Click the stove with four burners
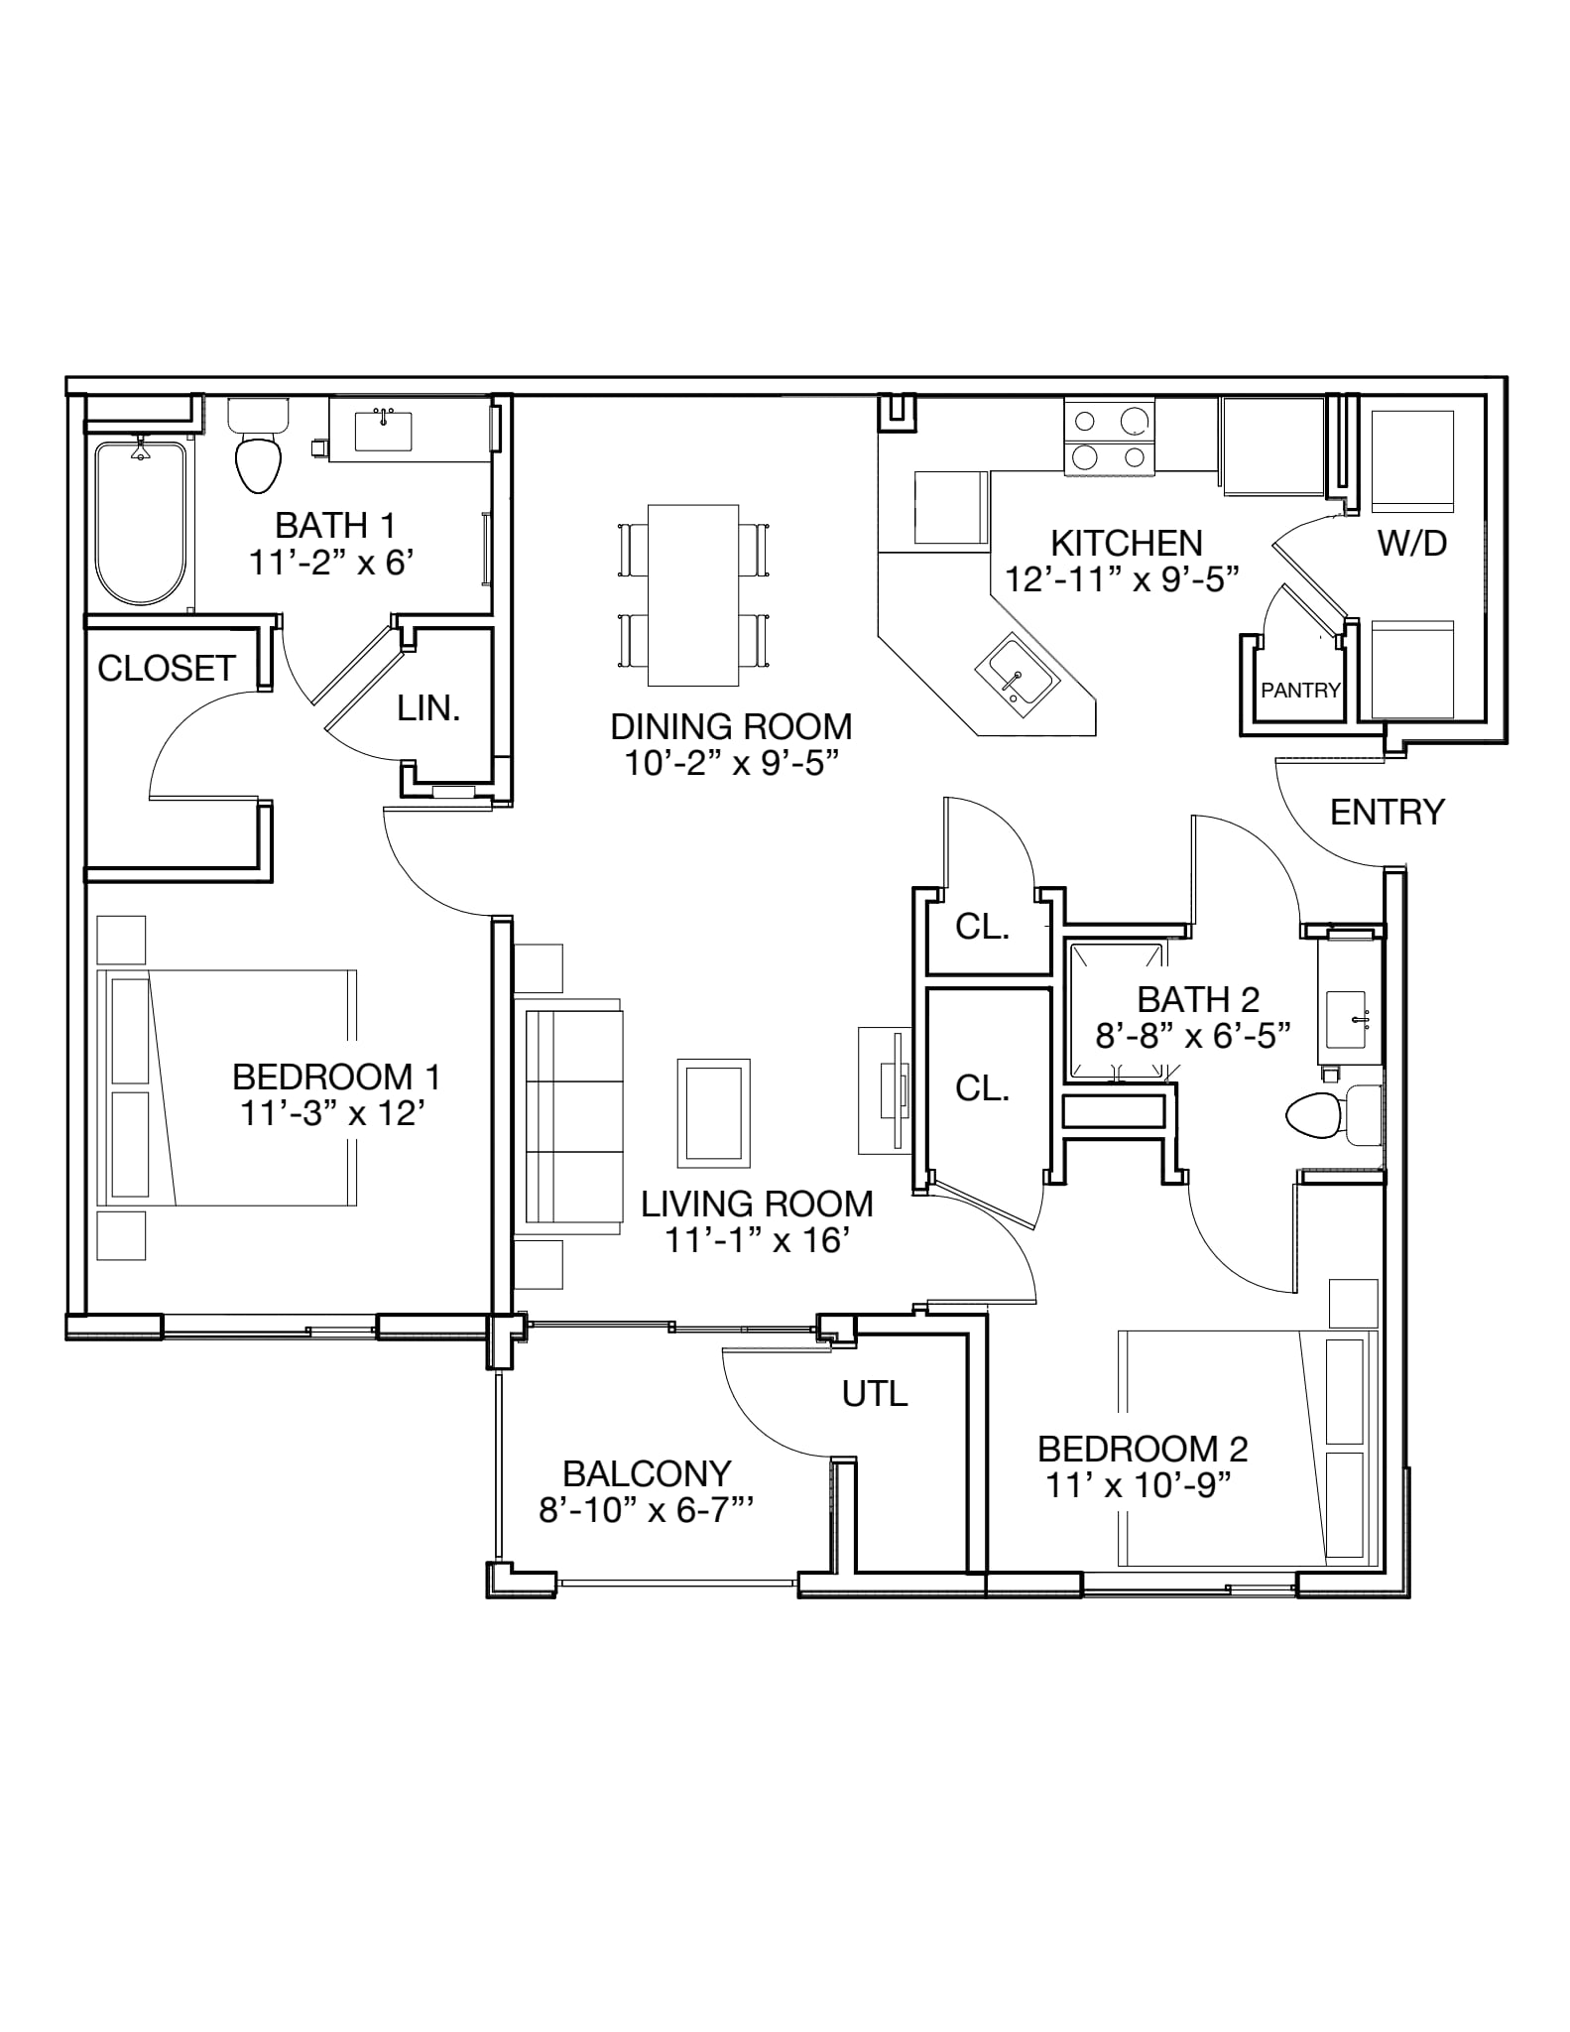[x=1110, y=437]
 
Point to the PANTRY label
[x=1300, y=690]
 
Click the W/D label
[x=1412, y=543]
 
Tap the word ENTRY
[x=1388, y=812]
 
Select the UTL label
[x=875, y=1394]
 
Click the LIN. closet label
[x=428, y=707]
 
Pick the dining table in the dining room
[x=693, y=594]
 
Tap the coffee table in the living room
[x=714, y=1112]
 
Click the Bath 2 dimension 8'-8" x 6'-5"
[x=1192, y=1036]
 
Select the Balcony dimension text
[x=647, y=1510]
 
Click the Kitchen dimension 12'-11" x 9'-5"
[x=1123, y=578]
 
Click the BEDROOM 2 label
[x=1143, y=1450]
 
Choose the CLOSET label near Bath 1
[x=167, y=669]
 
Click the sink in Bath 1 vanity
[x=384, y=431]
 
